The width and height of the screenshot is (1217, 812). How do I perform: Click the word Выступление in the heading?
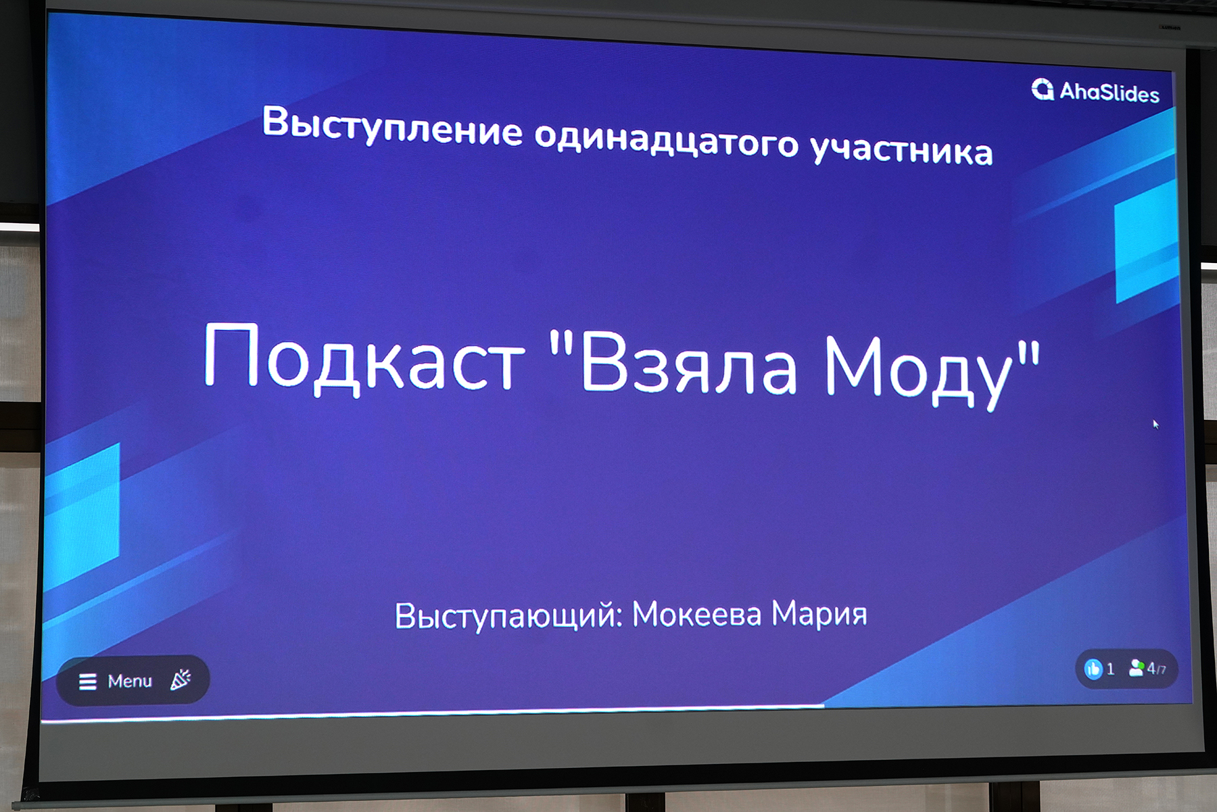point(392,126)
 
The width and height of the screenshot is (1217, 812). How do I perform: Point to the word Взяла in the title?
point(688,363)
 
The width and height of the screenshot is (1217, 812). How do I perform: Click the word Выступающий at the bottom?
point(508,616)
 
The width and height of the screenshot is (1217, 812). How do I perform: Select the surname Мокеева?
point(696,614)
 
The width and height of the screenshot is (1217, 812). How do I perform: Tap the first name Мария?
point(819,614)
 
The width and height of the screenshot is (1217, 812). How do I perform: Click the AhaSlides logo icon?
point(1043,89)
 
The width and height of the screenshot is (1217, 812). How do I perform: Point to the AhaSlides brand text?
point(1109,92)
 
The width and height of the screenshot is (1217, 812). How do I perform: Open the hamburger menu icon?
point(88,682)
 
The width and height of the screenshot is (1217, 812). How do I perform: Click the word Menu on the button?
point(130,681)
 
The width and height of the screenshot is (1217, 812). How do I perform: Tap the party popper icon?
point(181,679)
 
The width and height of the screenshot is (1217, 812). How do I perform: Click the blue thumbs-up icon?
point(1093,669)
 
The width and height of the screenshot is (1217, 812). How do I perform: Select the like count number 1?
point(1110,669)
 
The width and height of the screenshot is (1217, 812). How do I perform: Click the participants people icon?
point(1137,668)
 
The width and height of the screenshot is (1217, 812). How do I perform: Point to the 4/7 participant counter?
point(1156,669)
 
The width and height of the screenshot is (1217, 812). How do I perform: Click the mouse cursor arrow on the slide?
point(1155,424)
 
